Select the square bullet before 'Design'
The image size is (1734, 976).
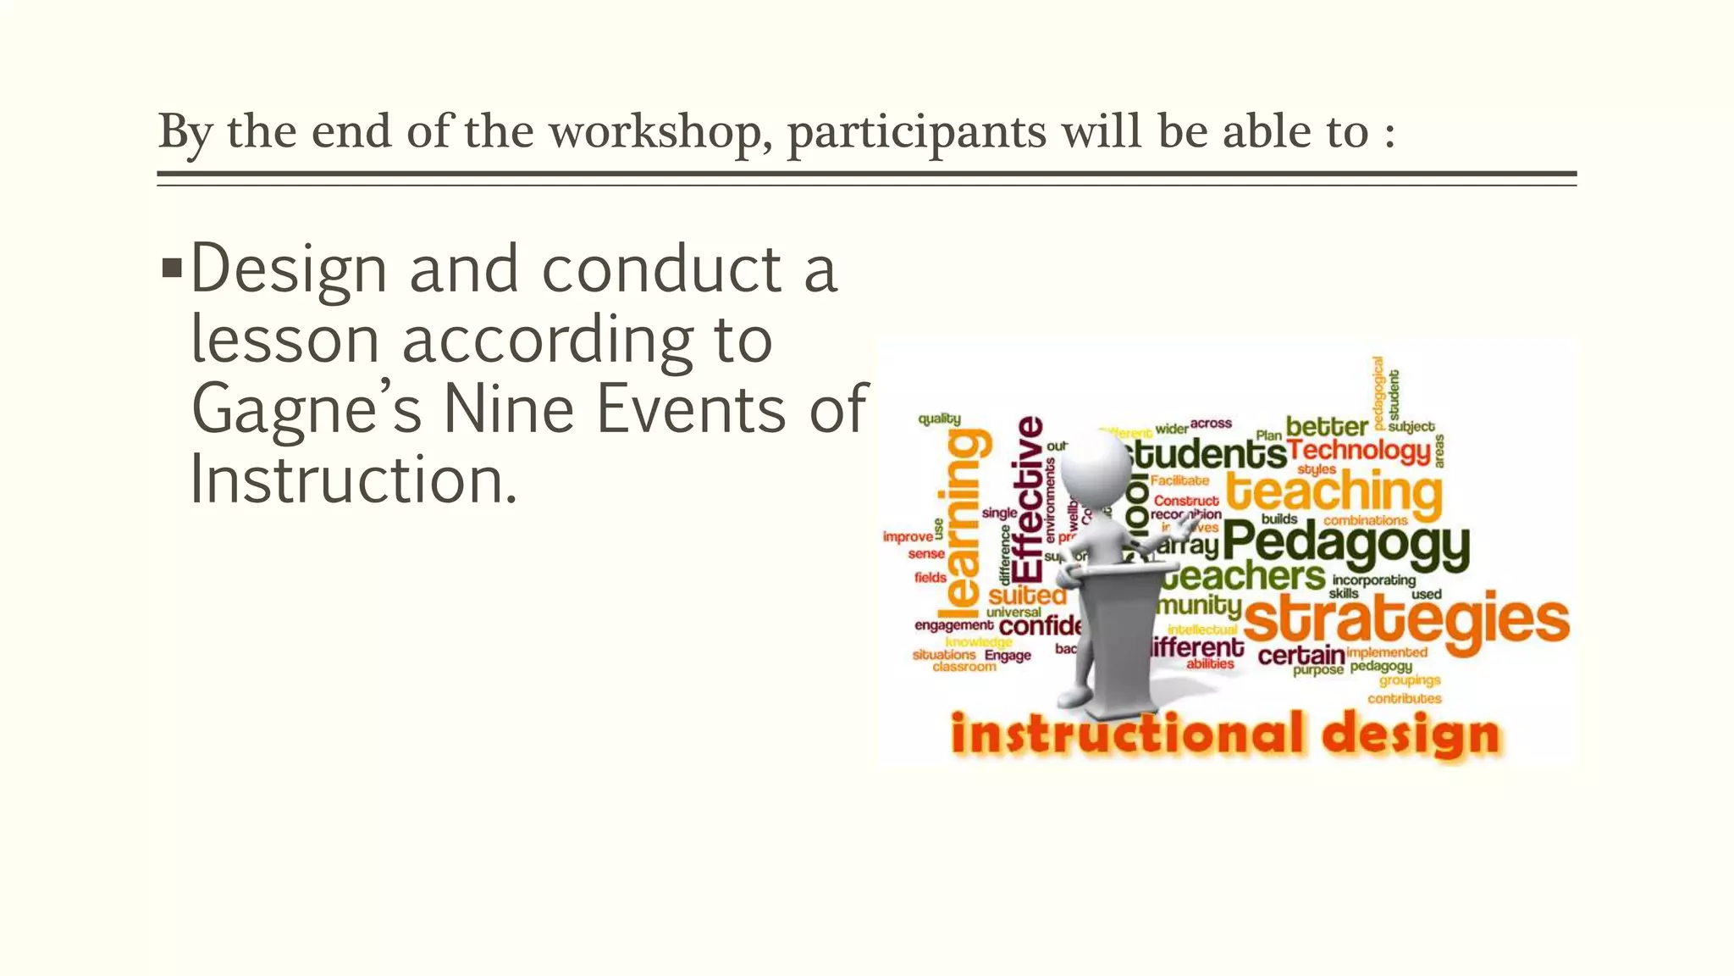[172, 269]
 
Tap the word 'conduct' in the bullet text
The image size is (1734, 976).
[661, 269]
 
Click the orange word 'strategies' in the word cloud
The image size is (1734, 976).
[1405, 619]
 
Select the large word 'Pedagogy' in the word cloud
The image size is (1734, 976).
[1346, 543]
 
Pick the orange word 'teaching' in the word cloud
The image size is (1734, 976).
[1334, 492]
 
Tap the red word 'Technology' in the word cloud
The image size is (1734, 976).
[1358, 450]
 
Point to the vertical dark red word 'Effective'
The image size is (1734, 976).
[1029, 500]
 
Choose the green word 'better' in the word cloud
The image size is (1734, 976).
[1327, 426]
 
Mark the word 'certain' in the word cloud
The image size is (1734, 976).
[1300, 656]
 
